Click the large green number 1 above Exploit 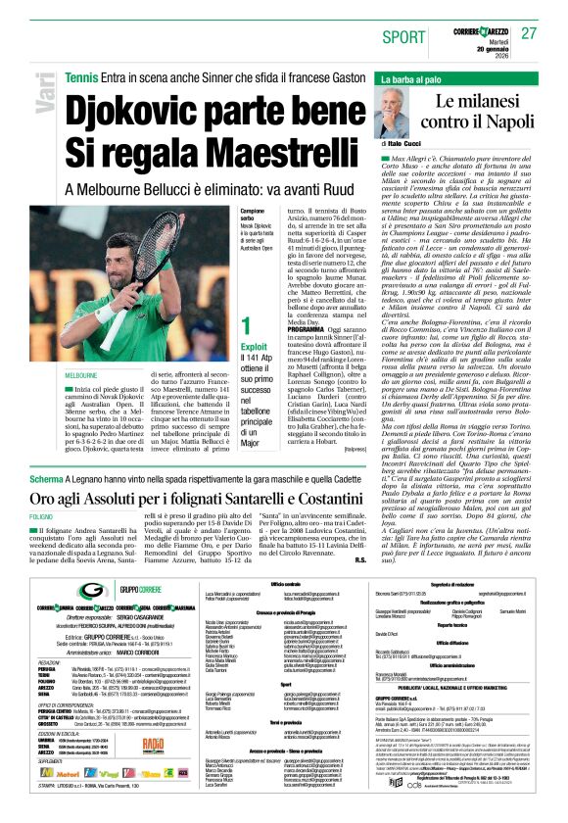[x=248, y=324]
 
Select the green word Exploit [x=256, y=346]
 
